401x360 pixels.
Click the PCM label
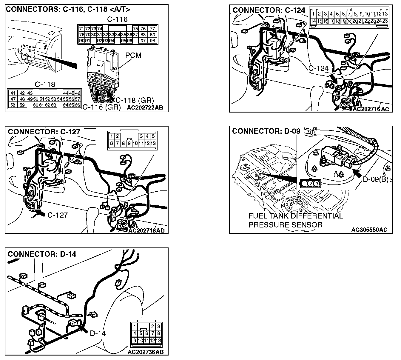[x=133, y=56]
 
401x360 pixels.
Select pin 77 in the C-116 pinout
[x=152, y=29]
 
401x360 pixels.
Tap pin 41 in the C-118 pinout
[x=13, y=93]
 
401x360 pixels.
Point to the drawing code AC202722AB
[x=145, y=108]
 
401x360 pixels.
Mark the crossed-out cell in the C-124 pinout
[x=349, y=21]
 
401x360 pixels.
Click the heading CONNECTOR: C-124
[x=269, y=10]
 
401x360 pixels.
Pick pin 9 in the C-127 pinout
[x=129, y=143]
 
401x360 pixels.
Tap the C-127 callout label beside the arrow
[x=58, y=215]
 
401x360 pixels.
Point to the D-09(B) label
[x=375, y=179]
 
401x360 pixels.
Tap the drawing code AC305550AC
[x=369, y=230]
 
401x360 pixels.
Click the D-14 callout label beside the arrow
[x=98, y=333]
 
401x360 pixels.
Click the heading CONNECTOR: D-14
[x=42, y=254]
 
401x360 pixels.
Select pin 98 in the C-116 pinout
[x=152, y=41]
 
